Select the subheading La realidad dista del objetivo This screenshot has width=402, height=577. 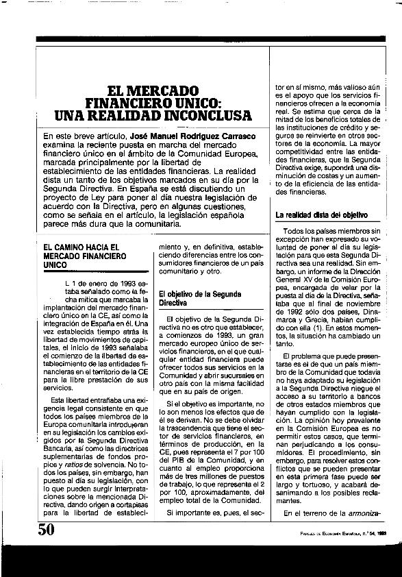[x=321, y=214]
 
